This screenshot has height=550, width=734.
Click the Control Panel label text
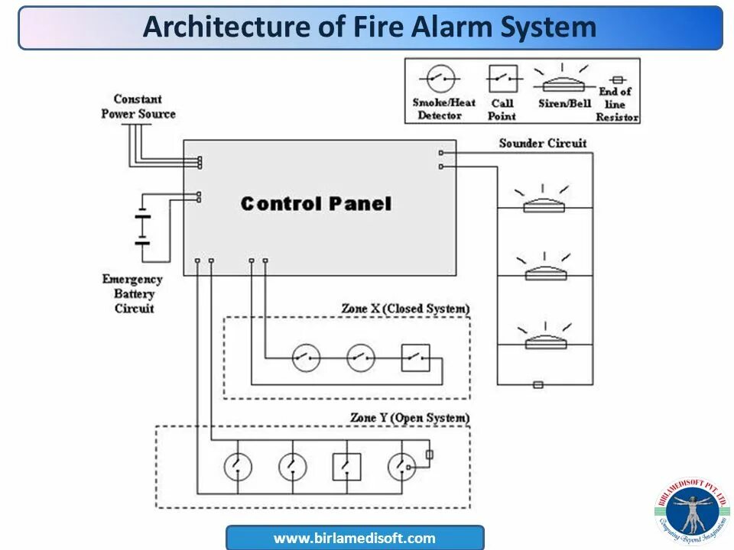click(x=316, y=204)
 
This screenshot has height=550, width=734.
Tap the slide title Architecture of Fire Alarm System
click(x=369, y=27)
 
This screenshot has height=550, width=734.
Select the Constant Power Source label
click(x=138, y=106)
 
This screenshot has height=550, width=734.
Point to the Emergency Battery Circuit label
click(x=134, y=294)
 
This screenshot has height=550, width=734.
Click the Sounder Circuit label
click(x=542, y=143)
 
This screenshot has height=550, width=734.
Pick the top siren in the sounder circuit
click(x=544, y=204)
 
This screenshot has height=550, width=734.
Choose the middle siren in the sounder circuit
click(x=545, y=272)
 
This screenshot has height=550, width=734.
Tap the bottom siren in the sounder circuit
click(x=545, y=341)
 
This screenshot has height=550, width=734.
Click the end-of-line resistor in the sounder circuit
click(x=538, y=384)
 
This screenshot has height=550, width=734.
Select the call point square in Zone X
click(x=415, y=357)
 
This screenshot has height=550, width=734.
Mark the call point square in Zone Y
click(x=346, y=466)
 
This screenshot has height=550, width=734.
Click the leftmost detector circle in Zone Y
click(x=237, y=466)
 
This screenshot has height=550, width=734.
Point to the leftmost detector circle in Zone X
click(x=306, y=357)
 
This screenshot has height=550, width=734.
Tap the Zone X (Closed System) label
click(x=405, y=309)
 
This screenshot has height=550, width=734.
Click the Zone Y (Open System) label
click(x=409, y=418)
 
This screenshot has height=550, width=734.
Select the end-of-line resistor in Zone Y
click(x=429, y=455)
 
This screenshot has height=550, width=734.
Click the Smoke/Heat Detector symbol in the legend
click(x=441, y=78)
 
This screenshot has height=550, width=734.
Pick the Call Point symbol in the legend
click(x=502, y=79)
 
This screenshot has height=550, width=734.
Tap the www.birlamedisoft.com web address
click(x=355, y=538)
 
